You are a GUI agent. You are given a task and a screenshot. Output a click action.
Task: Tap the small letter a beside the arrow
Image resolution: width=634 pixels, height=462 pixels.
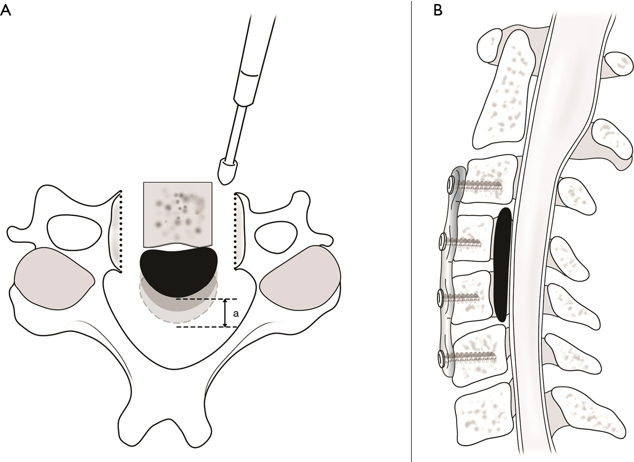(x=236, y=314)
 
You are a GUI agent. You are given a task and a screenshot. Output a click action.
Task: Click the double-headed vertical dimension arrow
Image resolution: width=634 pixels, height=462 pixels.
(x=225, y=313)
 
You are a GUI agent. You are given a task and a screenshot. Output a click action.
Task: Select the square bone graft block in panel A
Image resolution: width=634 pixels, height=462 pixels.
(x=178, y=214)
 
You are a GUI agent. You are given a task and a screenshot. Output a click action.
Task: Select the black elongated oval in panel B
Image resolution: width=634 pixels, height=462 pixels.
(x=502, y=265)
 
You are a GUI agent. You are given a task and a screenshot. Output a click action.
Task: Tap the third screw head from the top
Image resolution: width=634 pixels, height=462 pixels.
(x=441, y=296)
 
